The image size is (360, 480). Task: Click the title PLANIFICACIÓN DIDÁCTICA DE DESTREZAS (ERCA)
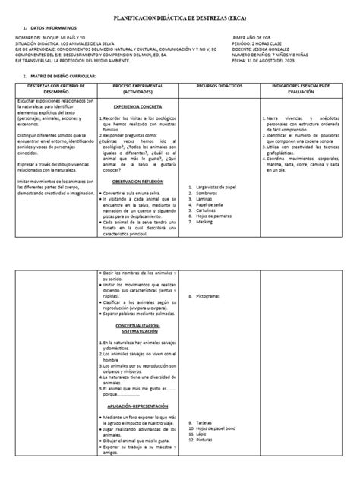click(x=179, y=15)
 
